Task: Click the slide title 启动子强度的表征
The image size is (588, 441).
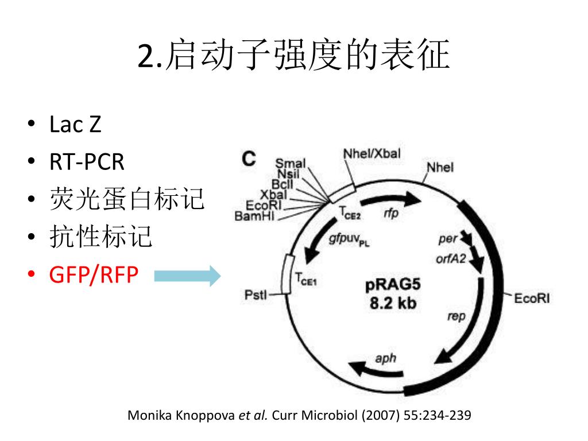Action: pos(293,56)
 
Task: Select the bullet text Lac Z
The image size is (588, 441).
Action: pos(75,125)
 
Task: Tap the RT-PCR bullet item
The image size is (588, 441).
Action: pos(87,163)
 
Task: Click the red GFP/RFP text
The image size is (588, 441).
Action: pos(94,275)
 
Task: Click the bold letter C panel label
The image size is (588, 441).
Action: pos(248,158)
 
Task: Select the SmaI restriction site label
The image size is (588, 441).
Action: pos(291,164)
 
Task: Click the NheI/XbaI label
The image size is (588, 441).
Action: pos(372,153)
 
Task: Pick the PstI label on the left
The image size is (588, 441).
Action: pos(256,295)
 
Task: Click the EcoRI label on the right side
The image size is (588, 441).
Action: pos(532,298)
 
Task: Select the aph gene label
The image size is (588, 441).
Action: pos(385,358)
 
